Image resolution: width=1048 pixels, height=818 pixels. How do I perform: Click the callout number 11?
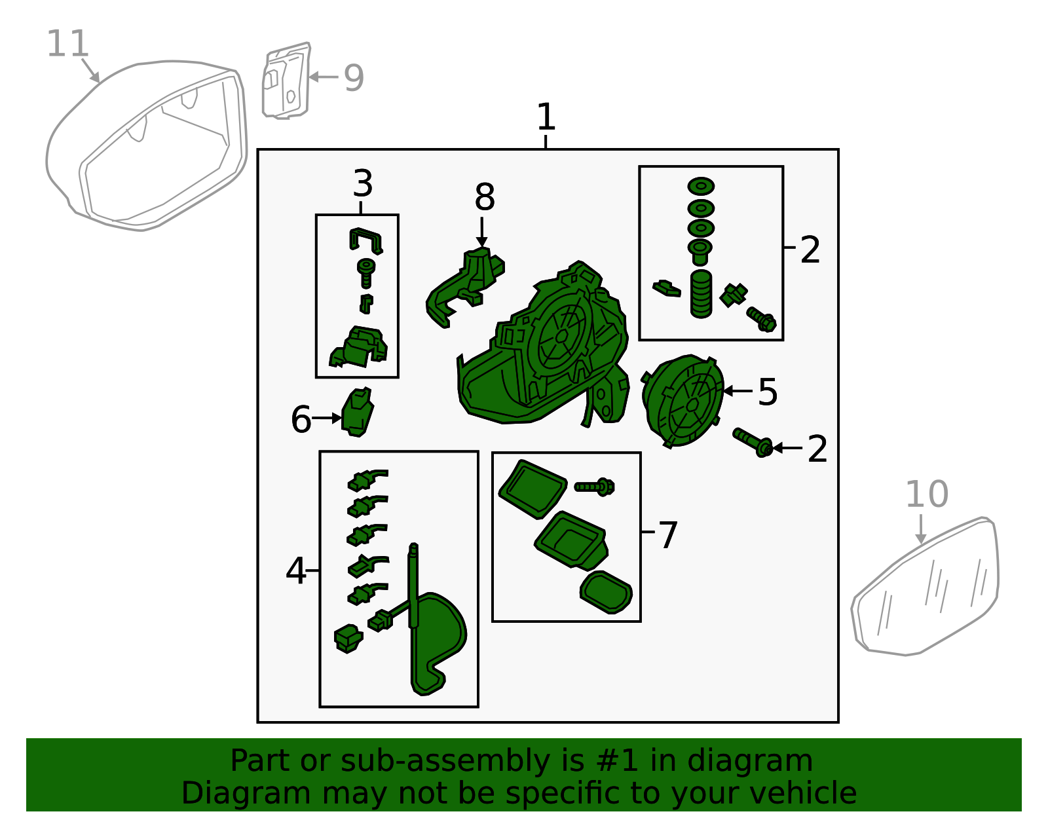(67, 43)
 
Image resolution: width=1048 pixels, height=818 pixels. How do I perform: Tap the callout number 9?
(354, 78)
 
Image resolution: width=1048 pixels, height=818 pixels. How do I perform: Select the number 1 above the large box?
(546, 117)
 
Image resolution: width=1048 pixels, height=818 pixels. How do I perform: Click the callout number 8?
(484, 196)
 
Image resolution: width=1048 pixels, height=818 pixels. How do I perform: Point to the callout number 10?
(927, 494)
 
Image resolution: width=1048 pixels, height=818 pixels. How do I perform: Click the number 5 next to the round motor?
(767, 392)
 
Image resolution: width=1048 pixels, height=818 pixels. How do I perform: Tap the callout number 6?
(301, 419)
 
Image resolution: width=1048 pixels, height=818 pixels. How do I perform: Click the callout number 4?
(295, 570)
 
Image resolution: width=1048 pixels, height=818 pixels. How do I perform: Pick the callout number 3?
(363, 183)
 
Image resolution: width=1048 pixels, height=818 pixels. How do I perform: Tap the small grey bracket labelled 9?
(286, 81)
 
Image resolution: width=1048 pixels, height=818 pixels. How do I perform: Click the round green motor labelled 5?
(683, 401)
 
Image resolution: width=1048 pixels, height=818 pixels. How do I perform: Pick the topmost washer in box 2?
(701, 186)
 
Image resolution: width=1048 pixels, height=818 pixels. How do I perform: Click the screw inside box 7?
(594, 487)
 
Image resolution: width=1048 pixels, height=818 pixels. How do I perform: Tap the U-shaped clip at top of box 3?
(365, 240)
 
